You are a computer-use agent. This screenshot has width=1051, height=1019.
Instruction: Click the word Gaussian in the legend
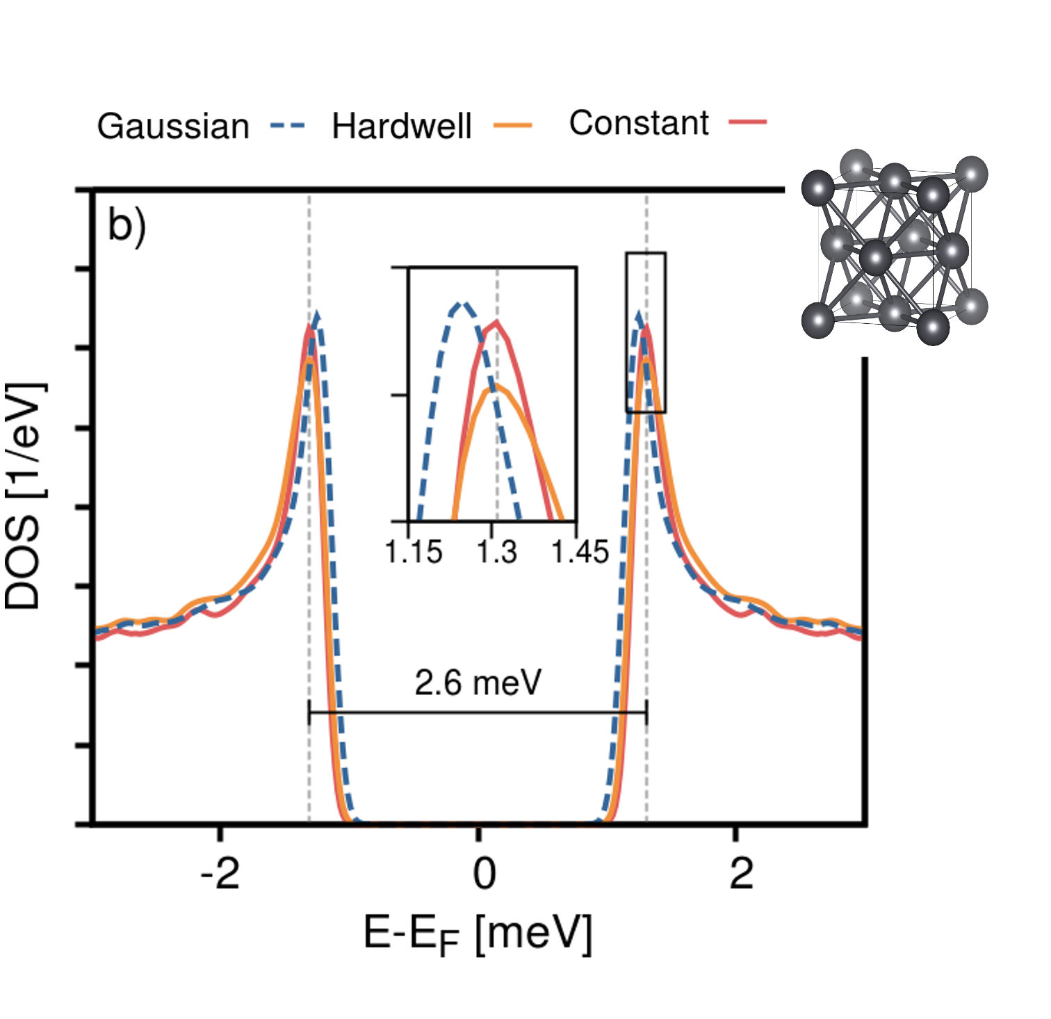173,127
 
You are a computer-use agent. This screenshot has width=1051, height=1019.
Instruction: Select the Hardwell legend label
402,127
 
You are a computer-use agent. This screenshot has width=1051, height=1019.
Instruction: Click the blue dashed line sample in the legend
287,127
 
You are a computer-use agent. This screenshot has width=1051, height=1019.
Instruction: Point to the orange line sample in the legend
513,126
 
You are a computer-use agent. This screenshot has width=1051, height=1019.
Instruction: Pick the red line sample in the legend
748,122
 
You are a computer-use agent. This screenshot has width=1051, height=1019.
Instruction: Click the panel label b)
127,226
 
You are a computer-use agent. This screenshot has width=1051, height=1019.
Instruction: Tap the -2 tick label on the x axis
220,874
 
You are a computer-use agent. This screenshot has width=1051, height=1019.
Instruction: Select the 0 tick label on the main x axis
484,874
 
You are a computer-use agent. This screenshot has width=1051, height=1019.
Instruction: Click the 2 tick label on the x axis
741,874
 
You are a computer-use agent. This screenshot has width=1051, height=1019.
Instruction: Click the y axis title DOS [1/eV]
24,496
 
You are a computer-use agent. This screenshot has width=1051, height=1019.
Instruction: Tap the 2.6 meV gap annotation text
478,683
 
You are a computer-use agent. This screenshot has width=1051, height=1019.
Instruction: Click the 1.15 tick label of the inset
414,552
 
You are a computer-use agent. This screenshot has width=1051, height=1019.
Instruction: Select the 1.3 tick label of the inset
496,552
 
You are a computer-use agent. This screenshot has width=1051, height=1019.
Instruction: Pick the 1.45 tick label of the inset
580,552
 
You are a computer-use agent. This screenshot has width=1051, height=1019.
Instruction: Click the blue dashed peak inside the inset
461,304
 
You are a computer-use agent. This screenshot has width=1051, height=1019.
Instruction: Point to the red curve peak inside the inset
496,322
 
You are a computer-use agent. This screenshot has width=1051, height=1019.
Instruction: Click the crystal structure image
895,247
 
